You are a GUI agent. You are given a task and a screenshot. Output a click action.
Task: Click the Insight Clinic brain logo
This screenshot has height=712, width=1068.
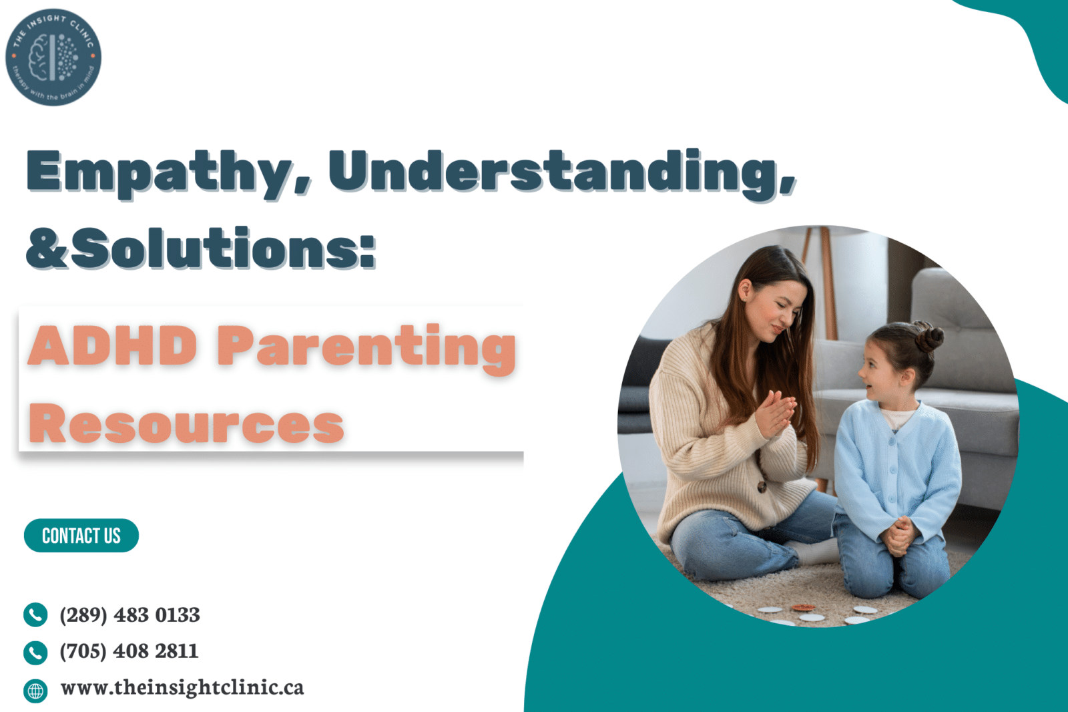[53, 57]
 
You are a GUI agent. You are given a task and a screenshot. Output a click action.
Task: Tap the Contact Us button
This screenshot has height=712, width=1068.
[81, 536]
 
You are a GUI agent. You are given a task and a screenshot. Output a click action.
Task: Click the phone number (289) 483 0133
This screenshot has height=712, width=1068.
[129, 614]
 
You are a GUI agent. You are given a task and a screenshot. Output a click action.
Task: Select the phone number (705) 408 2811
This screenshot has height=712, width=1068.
[129, 651]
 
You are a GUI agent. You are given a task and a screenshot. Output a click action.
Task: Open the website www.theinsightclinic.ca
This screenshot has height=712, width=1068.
[182, 687]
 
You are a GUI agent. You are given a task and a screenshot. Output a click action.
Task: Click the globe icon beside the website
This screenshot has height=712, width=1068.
[35, 690]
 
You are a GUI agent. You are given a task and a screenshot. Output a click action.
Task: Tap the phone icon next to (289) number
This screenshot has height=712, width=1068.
[35, 614]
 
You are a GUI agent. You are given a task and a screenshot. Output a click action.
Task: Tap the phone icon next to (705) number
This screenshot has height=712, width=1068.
[35, 652]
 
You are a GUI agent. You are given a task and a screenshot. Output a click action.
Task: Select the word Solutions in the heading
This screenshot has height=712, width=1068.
[224, 248]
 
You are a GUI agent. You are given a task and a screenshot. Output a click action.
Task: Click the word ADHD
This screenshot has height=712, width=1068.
[112, 346]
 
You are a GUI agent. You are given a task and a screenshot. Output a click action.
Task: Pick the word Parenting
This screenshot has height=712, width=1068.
[366, 347]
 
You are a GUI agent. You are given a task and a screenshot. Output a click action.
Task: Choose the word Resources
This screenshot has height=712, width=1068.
[186, 423]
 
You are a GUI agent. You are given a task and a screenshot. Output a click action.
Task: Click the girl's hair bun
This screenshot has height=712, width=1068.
[928, 336]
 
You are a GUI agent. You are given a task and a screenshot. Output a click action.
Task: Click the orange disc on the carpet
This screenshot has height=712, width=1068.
[802, 608]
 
